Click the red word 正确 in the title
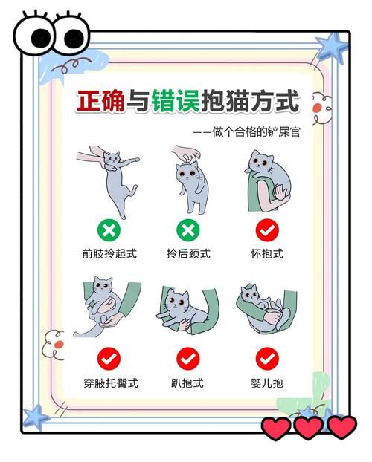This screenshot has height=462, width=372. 100,101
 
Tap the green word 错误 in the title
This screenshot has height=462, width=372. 176,101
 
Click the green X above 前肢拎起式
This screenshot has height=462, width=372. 109,230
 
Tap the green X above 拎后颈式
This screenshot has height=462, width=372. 188,230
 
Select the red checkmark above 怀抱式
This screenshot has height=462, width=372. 267,230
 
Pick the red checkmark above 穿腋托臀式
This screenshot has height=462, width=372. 109,359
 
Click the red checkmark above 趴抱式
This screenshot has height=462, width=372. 188,359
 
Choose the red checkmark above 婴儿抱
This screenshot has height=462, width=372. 267,359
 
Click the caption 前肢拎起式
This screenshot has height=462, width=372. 109,253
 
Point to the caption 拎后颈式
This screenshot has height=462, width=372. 188,253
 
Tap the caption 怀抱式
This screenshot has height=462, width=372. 267,253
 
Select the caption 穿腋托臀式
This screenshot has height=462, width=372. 111,383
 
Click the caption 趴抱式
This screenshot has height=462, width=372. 187,383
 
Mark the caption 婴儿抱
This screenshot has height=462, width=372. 267,383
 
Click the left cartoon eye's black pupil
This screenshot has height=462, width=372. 41,38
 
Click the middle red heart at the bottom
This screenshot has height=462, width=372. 309,428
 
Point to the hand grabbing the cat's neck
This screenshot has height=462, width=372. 187,152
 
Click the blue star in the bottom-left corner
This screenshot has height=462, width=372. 36,417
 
